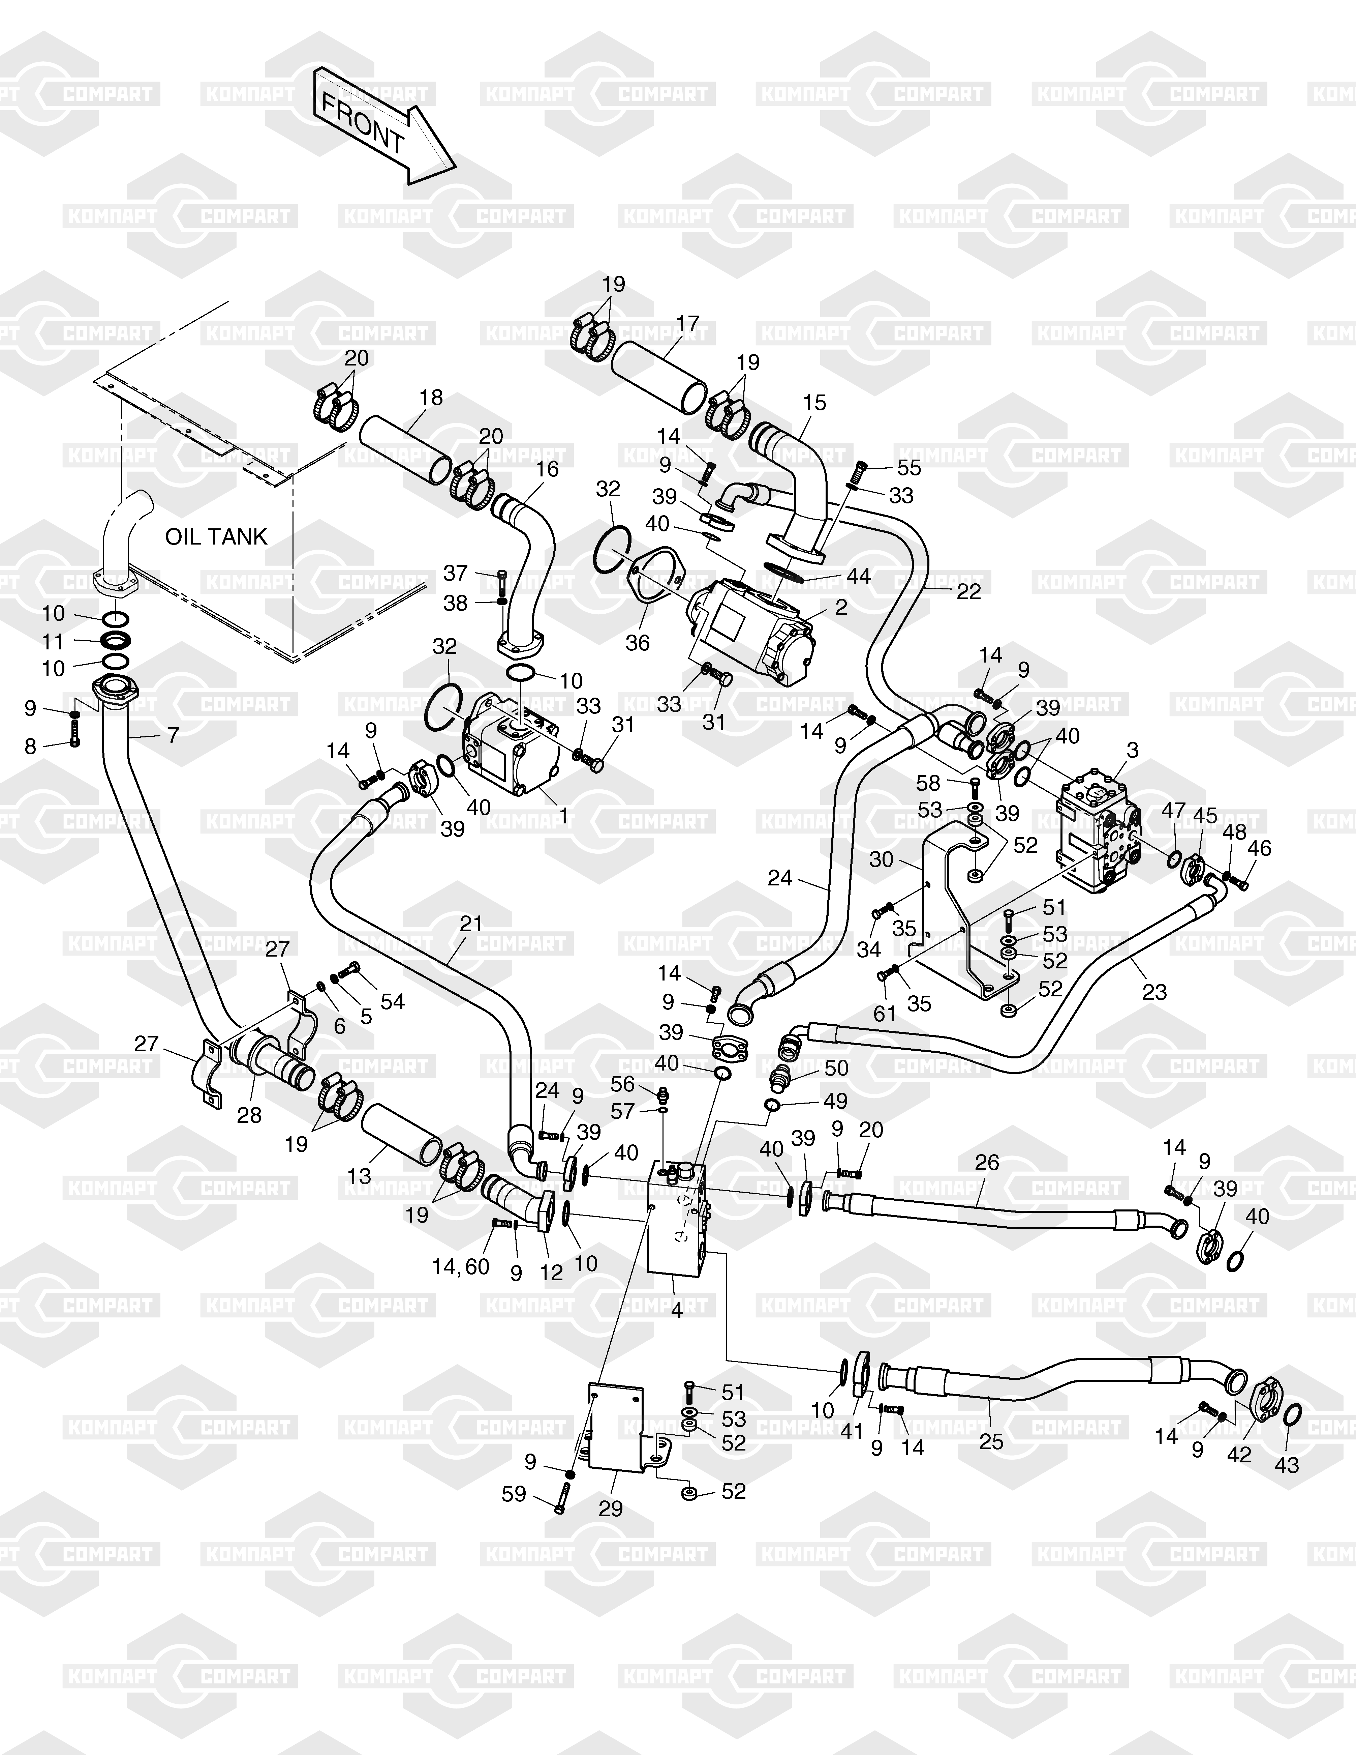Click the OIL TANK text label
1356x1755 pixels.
coord(216,537)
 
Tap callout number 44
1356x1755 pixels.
coord(858,576)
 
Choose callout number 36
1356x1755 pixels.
coord(637,643)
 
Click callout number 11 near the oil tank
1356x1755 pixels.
coord(53,641)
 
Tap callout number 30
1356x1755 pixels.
coord(881,859)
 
